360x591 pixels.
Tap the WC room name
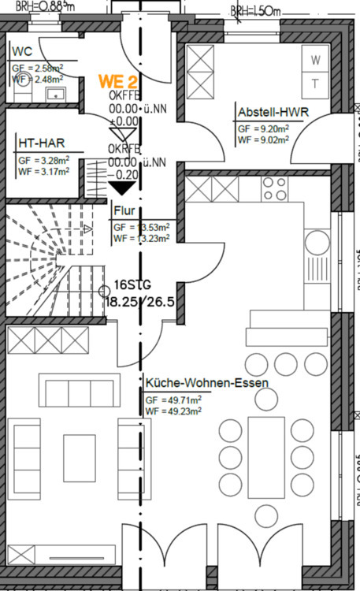[x=21, y=53]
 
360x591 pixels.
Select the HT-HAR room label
[x=40, y=143]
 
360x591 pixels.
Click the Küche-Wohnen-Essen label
[x=206, y=383]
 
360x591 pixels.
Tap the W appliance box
[x=316, y=60]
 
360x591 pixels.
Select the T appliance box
[x=316, y=83]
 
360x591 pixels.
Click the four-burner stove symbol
[x=274, y=189]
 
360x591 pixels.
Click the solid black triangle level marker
[x=121, y=188]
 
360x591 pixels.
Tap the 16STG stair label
[x=131, y=284]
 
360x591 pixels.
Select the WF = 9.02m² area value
[x=263, y=139]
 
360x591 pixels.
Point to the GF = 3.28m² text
[x=43, y=160]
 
